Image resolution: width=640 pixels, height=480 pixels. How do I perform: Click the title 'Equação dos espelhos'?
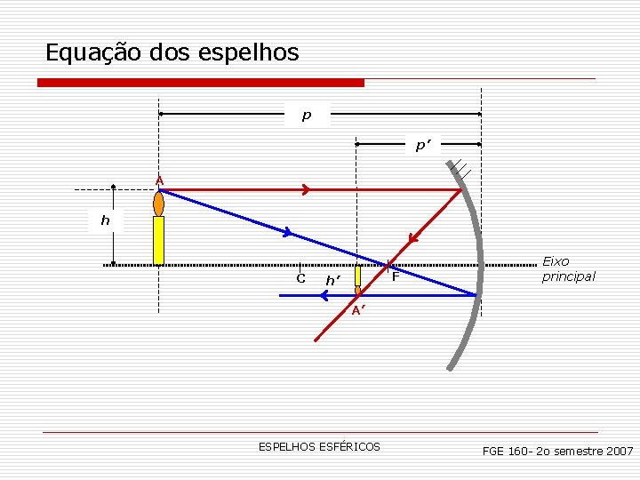coord(172,52)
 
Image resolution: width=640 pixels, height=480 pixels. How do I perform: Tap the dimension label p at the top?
coord(307,115)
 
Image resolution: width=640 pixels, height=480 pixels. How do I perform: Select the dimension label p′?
coord(423,145)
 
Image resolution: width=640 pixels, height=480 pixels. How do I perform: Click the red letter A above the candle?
coord(159,181)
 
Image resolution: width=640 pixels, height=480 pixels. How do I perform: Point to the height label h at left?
coord(106,220)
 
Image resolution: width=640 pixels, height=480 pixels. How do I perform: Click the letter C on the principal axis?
coord(301,278)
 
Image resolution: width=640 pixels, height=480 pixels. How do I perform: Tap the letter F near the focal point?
coord(396,278)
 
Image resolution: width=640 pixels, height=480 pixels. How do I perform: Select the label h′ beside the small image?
coord(333,281)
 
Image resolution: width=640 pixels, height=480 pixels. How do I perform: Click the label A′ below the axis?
coord(357,310)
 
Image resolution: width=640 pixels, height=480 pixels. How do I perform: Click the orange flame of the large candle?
coord(159,204)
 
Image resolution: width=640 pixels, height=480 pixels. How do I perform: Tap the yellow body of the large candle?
coord(159,240)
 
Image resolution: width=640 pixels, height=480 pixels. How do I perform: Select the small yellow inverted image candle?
coord(357,276)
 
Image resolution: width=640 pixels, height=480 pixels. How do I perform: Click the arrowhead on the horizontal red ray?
coord(305,189)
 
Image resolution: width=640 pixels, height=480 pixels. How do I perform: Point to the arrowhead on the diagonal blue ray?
coord(287,233)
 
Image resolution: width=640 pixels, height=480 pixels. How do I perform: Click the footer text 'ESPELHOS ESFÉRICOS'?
coord(319,446)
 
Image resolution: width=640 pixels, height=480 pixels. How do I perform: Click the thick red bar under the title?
coord(201,83)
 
